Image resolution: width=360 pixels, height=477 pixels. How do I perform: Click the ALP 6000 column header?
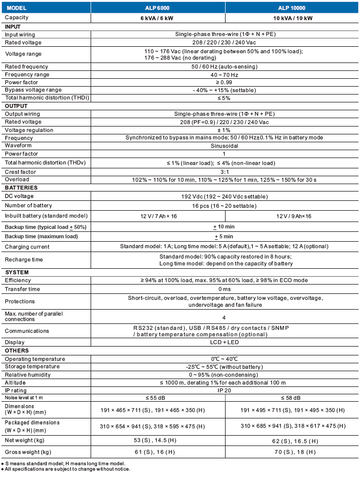click(159, 8)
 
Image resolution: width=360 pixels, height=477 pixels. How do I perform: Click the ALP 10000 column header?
click(293, 8)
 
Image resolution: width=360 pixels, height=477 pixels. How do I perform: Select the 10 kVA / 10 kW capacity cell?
click(293, 18)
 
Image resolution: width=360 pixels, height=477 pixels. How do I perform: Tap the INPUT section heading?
click(13, 27)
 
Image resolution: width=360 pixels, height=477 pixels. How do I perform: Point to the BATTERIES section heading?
click(21, 188)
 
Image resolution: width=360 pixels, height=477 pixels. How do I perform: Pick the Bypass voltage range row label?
click(33, 90)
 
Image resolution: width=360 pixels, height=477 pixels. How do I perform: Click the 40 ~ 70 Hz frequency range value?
click(224, 74)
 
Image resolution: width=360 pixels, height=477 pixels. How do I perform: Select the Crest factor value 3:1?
click(224, 172)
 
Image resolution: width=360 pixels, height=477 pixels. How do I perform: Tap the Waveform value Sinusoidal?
click(224, 146)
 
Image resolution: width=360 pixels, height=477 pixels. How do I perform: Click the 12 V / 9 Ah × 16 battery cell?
click(293, 216)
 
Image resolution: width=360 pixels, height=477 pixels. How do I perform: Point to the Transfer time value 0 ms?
click(224, 289)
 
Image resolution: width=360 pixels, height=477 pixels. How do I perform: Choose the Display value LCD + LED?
click(224, 342)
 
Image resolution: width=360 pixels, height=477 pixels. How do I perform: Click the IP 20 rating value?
click(224, 390)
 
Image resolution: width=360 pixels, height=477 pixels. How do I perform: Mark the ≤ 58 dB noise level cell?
click(293, 398)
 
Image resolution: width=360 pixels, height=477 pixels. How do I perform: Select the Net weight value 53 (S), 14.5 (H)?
click(159, 441)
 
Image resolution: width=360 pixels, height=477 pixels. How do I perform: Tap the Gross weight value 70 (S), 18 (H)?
click(293, 452)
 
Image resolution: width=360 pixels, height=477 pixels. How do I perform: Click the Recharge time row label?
click(24, 259)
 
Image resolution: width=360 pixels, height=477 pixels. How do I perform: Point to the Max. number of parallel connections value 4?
click(224, 318)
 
